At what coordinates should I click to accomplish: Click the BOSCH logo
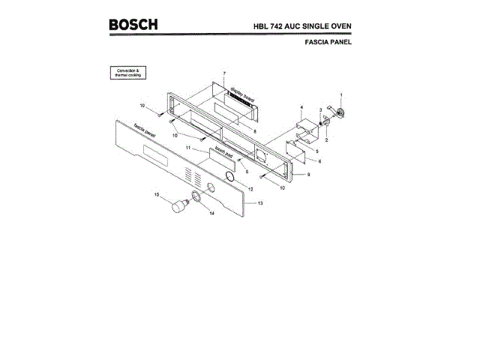click(x=133, y=24)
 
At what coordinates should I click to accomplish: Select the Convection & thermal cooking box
click(x=129, y=73)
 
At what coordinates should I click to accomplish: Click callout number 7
click(x=223, y=73)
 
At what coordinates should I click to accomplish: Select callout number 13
click(x=260, y=203)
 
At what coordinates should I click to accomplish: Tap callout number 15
click(x=157, y=195)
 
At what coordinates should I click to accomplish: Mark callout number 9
click(x=307, y=174)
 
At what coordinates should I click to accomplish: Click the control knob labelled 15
click(x=178, y=206)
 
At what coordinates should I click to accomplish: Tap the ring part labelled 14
click(x=196, y=196)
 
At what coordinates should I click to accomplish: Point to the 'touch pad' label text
click(x=223, y=154)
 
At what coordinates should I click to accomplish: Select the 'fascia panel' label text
click(x=145, y=132)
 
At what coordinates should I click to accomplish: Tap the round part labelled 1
click(x=339, y=112)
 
